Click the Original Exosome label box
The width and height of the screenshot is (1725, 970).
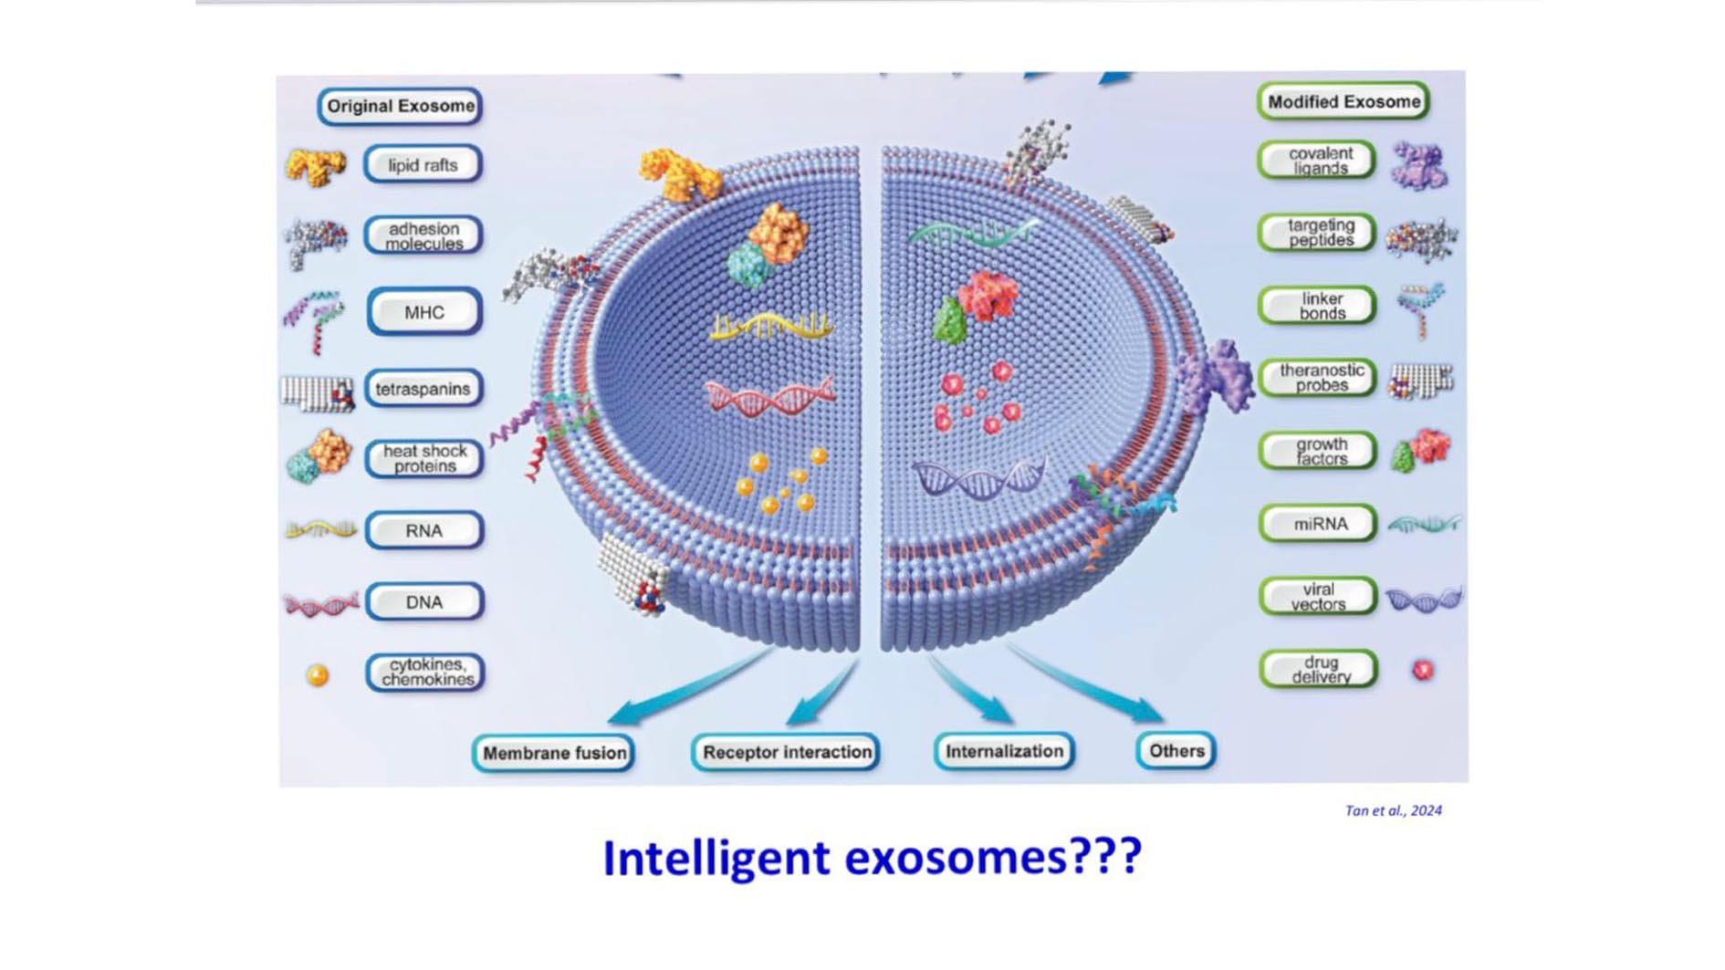point(400,106)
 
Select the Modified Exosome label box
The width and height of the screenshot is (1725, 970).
point(1343,101)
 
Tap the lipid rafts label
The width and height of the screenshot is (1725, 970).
point(423,165)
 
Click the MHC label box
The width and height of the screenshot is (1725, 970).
point(424,312)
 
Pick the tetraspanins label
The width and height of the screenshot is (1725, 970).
point(423,389)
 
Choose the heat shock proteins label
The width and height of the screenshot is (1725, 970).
point(424,458)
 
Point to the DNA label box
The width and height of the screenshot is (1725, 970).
point(424,602)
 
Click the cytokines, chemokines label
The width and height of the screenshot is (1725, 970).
point(425,673)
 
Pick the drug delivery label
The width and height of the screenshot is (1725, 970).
point(1319,670)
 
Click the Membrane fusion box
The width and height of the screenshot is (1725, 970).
point(554,753)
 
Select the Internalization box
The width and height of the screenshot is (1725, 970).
point(1004,751)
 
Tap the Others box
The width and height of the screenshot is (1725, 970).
point(1176,750)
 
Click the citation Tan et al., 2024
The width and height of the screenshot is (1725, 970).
point(1393,810)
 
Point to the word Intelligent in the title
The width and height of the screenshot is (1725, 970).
point(716,859)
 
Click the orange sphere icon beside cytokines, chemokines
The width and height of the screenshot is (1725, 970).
point(318,675)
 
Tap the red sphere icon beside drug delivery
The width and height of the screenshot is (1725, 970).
point(1423,671)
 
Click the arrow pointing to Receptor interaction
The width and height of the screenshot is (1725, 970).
point(822,694)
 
